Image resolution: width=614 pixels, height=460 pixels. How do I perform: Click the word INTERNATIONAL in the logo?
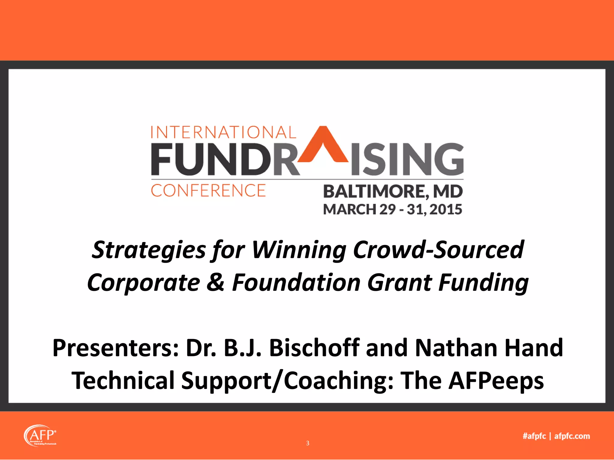pos(223,132)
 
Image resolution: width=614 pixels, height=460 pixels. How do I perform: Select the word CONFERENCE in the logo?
pos(208,191)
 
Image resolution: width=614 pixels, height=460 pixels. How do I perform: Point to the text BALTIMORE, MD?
pos(393,192)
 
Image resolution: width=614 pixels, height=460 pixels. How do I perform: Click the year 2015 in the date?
pos(446,209)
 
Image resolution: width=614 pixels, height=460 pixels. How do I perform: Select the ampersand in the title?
pos(216,282)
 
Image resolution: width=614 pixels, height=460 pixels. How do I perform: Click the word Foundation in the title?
pos(296,282)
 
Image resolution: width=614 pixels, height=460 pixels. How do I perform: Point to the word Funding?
pos(483,282)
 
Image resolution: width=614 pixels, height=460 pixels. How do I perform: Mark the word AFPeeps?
pos(496,380)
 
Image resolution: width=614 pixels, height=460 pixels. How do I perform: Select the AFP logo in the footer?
pos(40,436)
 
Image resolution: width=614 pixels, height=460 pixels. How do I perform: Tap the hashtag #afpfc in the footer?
pos(534,436)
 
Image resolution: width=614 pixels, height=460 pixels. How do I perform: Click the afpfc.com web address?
pos(572,436)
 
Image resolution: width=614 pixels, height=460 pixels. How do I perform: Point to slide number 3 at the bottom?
pos(308,443)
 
